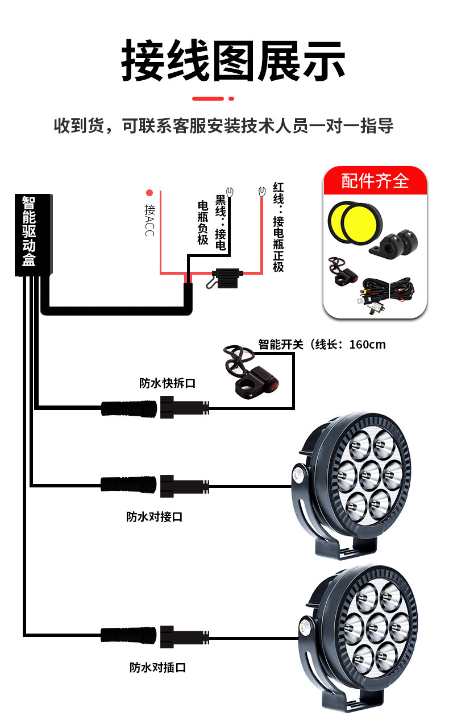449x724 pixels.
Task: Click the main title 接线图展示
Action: [233, 60]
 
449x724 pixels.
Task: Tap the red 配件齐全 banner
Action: [375, 181]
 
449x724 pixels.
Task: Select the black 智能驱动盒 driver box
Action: [33, 234]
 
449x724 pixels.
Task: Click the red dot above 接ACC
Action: [149, 192]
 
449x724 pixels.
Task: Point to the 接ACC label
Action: [149, 220]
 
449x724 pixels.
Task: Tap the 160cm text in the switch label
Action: [367, 345]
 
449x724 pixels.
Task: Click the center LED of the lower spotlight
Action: [374, 626]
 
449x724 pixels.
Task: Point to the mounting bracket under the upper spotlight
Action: [347, 549]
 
